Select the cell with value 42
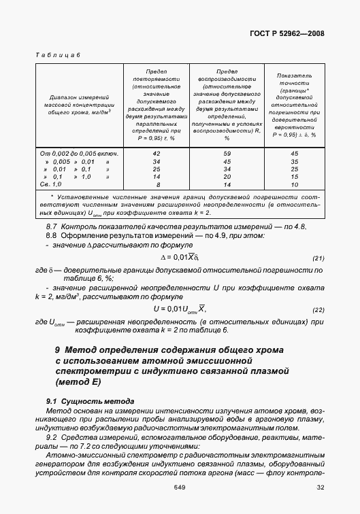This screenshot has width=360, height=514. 157,154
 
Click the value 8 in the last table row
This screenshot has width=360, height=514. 157,184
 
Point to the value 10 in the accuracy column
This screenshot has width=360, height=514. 295,184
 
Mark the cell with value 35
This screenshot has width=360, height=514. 295,161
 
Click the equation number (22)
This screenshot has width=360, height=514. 317,310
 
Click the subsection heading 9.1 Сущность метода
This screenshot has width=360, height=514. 90,402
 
